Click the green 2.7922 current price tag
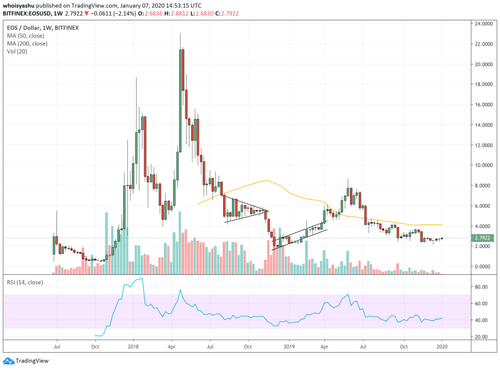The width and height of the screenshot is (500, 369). click(x=484, y=238)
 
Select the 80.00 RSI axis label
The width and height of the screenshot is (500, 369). click(x=481, y=287)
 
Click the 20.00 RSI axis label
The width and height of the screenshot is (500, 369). click(x=481, y=337)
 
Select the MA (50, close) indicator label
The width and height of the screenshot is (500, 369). click(x=27, y=36)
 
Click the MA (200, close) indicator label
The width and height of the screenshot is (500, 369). click(x=28, y=44)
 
